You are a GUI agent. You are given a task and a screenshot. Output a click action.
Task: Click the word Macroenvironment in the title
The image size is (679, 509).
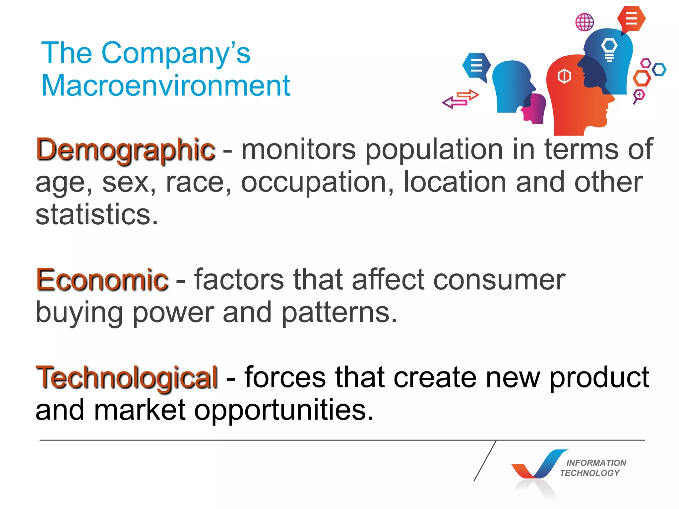(166, 85)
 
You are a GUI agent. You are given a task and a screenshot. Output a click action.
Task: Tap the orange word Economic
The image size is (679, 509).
(102, 280)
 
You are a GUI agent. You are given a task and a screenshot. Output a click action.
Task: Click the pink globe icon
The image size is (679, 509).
(585, 22)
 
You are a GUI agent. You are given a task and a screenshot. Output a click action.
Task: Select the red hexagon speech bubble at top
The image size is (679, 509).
(631, 19)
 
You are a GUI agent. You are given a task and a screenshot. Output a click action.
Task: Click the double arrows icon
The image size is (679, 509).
(460, 99)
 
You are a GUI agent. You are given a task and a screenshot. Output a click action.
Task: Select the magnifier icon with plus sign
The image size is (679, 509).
(639, 95)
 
